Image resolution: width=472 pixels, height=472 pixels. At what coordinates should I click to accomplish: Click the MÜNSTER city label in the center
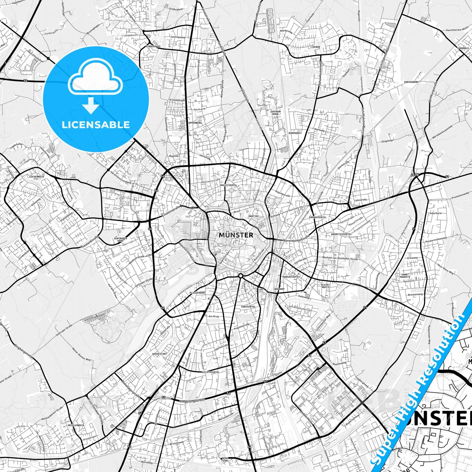236,235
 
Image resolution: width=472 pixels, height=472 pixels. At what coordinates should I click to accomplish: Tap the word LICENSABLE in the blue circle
96,124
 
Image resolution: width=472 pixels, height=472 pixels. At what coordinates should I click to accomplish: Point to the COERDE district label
316,47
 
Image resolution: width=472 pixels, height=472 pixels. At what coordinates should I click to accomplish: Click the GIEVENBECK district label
37,176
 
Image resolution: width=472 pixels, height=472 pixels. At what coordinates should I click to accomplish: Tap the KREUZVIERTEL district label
228,185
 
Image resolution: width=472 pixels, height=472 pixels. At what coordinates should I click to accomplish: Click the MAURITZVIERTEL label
332,234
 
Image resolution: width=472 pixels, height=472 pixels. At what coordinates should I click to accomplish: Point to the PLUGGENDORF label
197,293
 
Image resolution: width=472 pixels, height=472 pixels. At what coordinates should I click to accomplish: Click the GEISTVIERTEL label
211,372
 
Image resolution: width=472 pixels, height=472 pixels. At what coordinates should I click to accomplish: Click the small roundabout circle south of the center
241,276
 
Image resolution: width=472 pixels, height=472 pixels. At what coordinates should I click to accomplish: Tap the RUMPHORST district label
295,133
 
